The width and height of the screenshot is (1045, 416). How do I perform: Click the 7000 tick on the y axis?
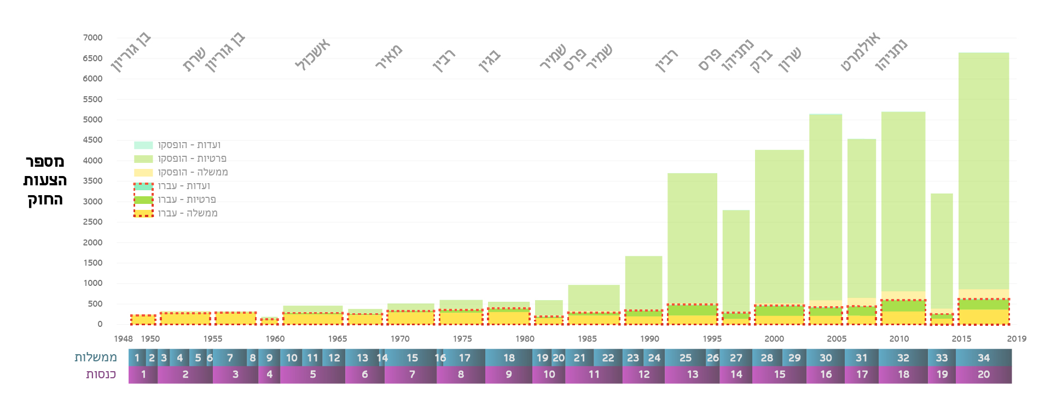(x=92, y=38)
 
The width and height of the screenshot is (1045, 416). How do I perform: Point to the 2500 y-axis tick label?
(x=92, y=222)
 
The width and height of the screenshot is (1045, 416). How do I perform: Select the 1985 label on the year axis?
(x=587, y=339)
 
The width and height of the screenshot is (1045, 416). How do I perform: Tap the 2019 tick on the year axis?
(x=1017, y=339)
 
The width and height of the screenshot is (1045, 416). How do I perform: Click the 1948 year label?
(x=123, y=339)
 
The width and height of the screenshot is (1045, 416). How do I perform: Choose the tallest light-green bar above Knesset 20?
(x=983, y=169)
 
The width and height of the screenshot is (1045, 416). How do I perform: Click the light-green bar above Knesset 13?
(x=692, y=235)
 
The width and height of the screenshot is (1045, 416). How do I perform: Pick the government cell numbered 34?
(x=983, y=358)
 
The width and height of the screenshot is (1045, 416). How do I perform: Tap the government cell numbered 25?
(x=685, y=358)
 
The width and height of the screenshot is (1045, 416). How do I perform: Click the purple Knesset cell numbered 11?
(x=594, y=374)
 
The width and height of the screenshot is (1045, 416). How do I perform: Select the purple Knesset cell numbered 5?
(x=312, y=374)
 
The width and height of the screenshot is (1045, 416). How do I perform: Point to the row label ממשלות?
(x=96, y=358)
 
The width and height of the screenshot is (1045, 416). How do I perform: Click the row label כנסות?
(x=101, y=374)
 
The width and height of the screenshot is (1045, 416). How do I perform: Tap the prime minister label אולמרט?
(x=860, y=52)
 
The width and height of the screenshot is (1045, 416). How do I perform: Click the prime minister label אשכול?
(x=312, y=55)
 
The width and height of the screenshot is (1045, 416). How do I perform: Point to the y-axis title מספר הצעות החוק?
(x=45, y=180)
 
